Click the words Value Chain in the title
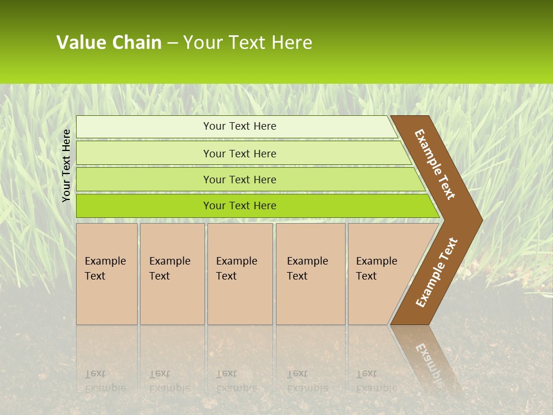109,43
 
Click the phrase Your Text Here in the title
248,43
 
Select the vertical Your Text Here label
66,165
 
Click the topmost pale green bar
144,127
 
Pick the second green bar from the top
144,153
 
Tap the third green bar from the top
144,179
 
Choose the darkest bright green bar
144,206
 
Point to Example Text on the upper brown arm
435,164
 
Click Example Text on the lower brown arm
436,273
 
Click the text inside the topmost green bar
240,126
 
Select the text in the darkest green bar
240,206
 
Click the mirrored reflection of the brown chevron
426,357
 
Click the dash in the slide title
172,43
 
